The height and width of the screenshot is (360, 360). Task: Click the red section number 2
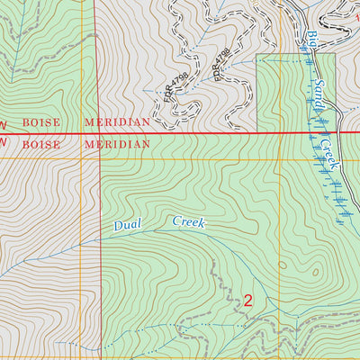(247, 301)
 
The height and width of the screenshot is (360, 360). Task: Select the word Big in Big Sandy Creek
(312, 41)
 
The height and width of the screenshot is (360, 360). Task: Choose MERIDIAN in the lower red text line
(117, 143)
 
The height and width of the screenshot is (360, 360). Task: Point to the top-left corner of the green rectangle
(257, 54)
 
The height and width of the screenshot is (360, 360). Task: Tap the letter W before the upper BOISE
(3, 122)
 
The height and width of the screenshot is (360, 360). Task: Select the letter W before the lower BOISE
(3, 143)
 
